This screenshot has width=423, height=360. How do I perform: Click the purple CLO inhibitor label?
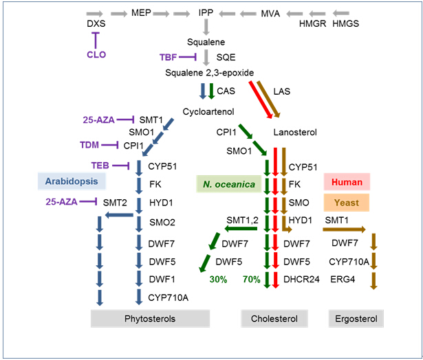coord(96,55)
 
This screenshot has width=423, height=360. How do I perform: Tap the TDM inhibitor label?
coord(89,145)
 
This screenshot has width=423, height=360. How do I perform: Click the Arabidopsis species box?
coord(72,181)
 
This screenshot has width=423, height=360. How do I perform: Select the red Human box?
coord(347,182)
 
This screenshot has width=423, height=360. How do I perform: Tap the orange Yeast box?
coord(347,203)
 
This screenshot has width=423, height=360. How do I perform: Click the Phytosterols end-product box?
coord(150,319)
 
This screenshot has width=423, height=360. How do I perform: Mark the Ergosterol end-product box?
coord(356,319)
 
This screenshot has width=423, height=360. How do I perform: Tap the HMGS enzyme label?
coord(346,24)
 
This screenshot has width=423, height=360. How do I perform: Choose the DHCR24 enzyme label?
coord(301,279)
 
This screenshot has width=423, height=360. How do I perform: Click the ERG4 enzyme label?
coord(344,279)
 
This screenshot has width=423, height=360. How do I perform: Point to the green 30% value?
coord(219,279)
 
